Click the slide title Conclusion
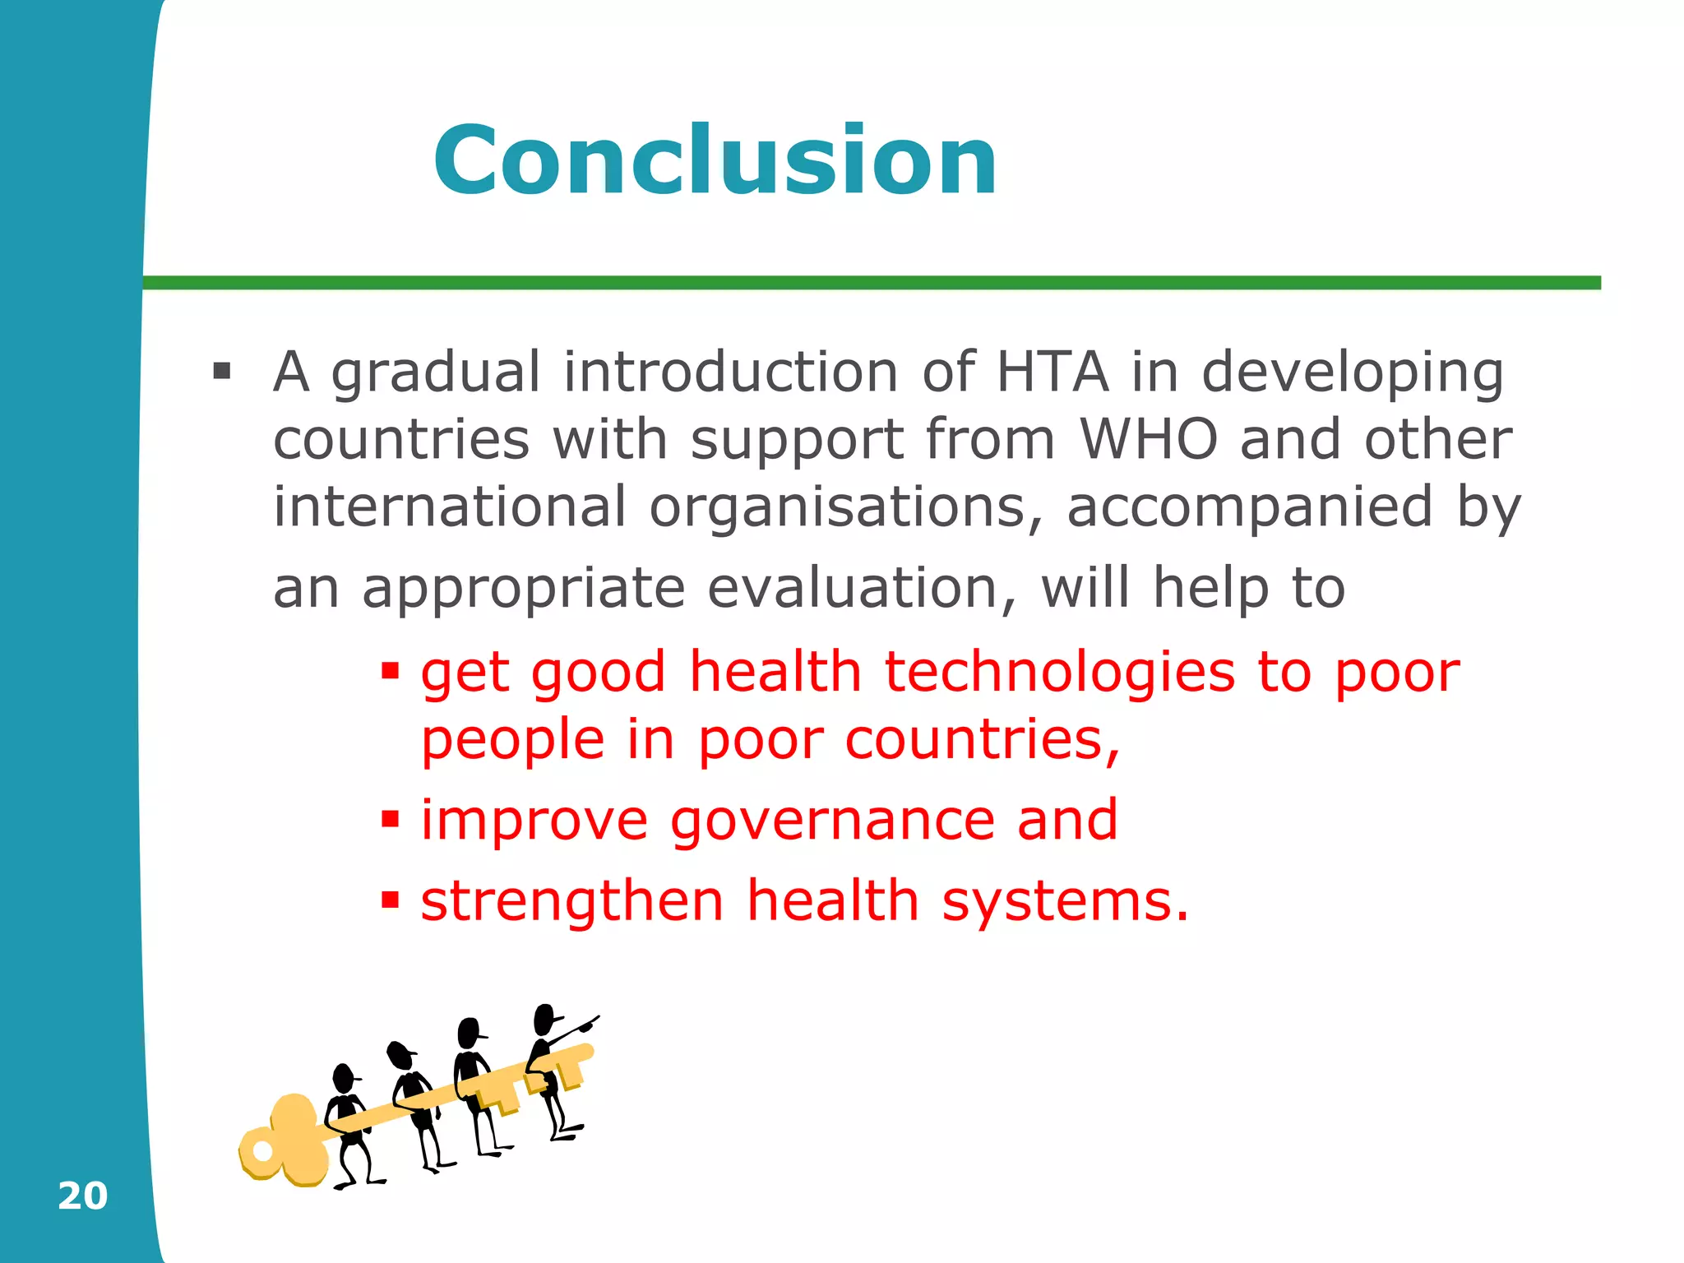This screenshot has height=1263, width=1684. [715, 160]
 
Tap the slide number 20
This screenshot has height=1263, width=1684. [82, 1196]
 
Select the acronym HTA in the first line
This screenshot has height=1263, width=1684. [1052, 372]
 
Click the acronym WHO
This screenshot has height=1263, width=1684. [1148, 439]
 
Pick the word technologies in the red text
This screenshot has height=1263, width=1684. [1059, 672]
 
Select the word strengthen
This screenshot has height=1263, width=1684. [572, 901]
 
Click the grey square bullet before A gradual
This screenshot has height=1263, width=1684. [221, 371]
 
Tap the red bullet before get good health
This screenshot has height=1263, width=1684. [390, 671]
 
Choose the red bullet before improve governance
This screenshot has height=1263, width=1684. [390, 820]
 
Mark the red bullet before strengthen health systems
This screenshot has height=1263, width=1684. [390, 900]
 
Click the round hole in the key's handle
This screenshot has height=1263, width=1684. [262, 1150]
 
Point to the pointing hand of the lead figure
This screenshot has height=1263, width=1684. [589, 1025]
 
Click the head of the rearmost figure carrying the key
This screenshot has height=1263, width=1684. [343, 1077]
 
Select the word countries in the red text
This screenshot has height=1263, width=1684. [982, 739]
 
